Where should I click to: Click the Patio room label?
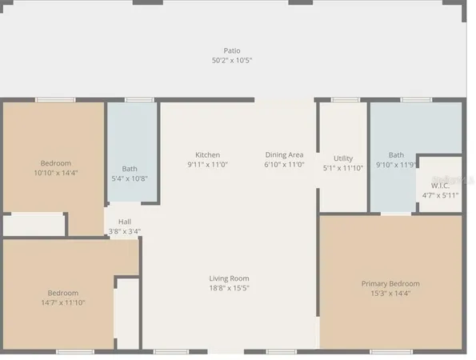[232, 50]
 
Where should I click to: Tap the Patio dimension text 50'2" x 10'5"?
[232, 60]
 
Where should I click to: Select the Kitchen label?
[208, 154]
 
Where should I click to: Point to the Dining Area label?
[284, 154]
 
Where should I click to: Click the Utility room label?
[343, 158]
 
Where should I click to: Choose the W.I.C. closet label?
[440, 185]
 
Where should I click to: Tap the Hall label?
[125, 222]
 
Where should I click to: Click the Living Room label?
[229, 278]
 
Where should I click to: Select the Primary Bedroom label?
[390, 283]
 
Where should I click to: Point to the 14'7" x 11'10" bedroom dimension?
[62, 302]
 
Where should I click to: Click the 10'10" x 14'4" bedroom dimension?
[56, 173]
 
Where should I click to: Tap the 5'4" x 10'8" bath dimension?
[130, 178]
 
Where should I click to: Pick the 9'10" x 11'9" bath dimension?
[397, 165]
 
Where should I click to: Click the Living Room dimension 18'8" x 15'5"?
[229, 288]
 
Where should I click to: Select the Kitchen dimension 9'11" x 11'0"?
[208, 164]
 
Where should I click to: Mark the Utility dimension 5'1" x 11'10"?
[343, 168]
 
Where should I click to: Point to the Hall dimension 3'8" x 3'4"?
[125, 231]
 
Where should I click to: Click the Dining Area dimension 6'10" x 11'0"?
[284, 164]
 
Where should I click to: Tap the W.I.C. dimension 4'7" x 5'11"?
[440, 194]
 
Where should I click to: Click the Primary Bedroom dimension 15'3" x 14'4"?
[390, 293]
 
